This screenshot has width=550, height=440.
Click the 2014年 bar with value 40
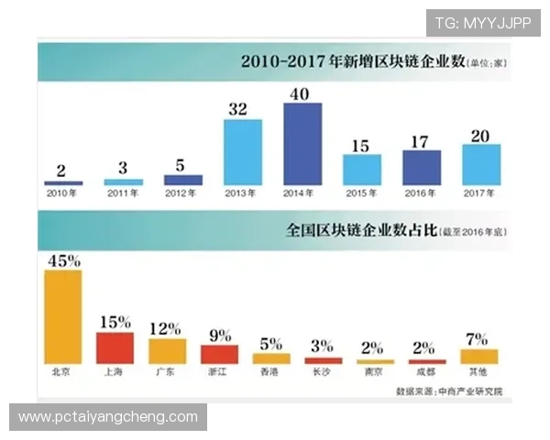[302, 144]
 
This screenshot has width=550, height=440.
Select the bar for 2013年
[243, 152]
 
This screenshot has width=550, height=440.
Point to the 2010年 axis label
[63, 193]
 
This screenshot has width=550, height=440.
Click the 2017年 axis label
[481, 193]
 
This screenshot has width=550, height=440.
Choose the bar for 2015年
[362, 170]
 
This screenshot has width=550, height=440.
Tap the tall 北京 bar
[63, 316]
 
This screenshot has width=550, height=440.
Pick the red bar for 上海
[115, 347]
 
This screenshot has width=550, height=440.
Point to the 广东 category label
[168, 373]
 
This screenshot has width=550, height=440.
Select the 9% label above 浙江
[220, 335]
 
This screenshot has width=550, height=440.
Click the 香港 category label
[272, 373]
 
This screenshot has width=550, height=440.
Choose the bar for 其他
[480, 356]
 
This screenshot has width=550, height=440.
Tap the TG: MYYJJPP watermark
[483, 23]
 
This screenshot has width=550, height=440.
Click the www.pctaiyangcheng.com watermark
[109, 417]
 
